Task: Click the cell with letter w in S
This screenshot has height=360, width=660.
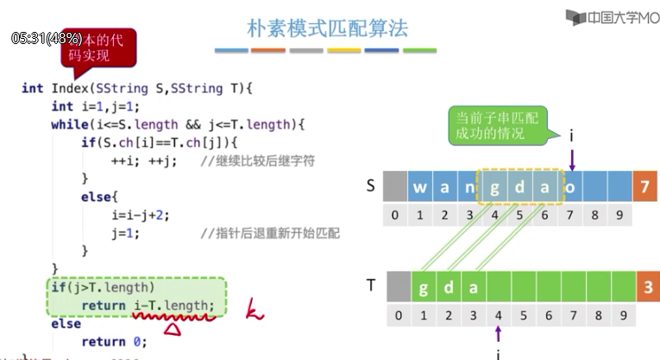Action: [x=420, y=186]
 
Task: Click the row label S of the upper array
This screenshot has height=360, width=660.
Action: [x=370, y=185]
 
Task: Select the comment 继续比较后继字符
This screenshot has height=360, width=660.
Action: [x=250, y=161]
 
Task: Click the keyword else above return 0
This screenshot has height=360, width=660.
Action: [x=66, y=324]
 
